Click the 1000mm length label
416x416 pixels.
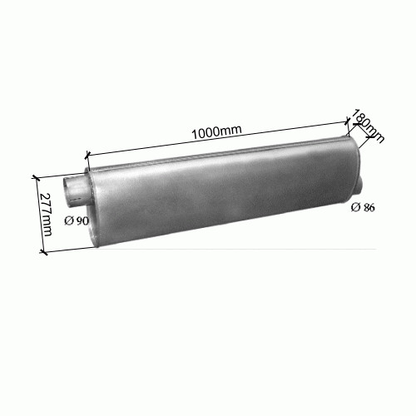(x=216, y=131)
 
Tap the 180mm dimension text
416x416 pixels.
(x=368, y=126)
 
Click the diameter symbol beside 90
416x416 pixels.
(x=68, y=220)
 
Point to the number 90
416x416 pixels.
(x=82, y=221)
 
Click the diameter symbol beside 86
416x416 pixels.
(x=355, y=207)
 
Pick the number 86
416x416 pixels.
(x=369, y=207)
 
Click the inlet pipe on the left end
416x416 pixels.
(x=74, y=191)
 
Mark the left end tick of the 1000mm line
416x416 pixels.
(x=87, y=156)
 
